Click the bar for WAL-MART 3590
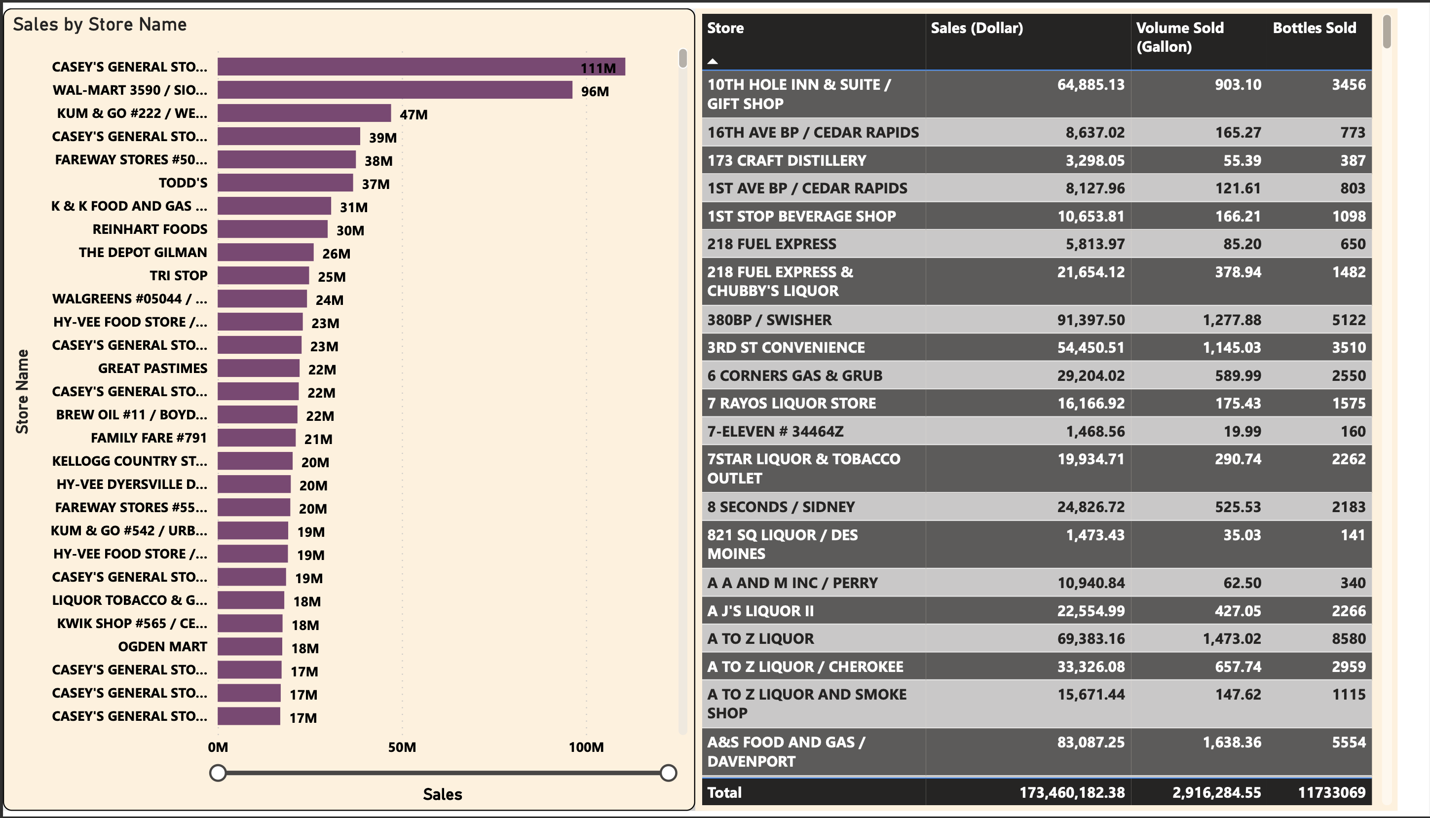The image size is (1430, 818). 394,90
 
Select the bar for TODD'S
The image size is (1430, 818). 285,183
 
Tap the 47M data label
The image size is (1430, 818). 414,114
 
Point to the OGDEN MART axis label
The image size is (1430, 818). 162,647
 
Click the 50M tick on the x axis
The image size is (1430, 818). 402,747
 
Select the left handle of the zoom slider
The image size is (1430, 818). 218,773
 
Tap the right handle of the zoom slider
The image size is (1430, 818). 668,773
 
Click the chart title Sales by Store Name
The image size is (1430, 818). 100,25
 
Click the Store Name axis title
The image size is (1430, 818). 22,392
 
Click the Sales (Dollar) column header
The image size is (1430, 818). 977,28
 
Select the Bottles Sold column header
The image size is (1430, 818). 1314,28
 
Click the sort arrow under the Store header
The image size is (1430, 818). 713,61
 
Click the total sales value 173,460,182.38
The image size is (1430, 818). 1072,793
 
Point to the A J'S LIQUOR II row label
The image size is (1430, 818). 760,611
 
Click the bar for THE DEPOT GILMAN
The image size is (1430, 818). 265,252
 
